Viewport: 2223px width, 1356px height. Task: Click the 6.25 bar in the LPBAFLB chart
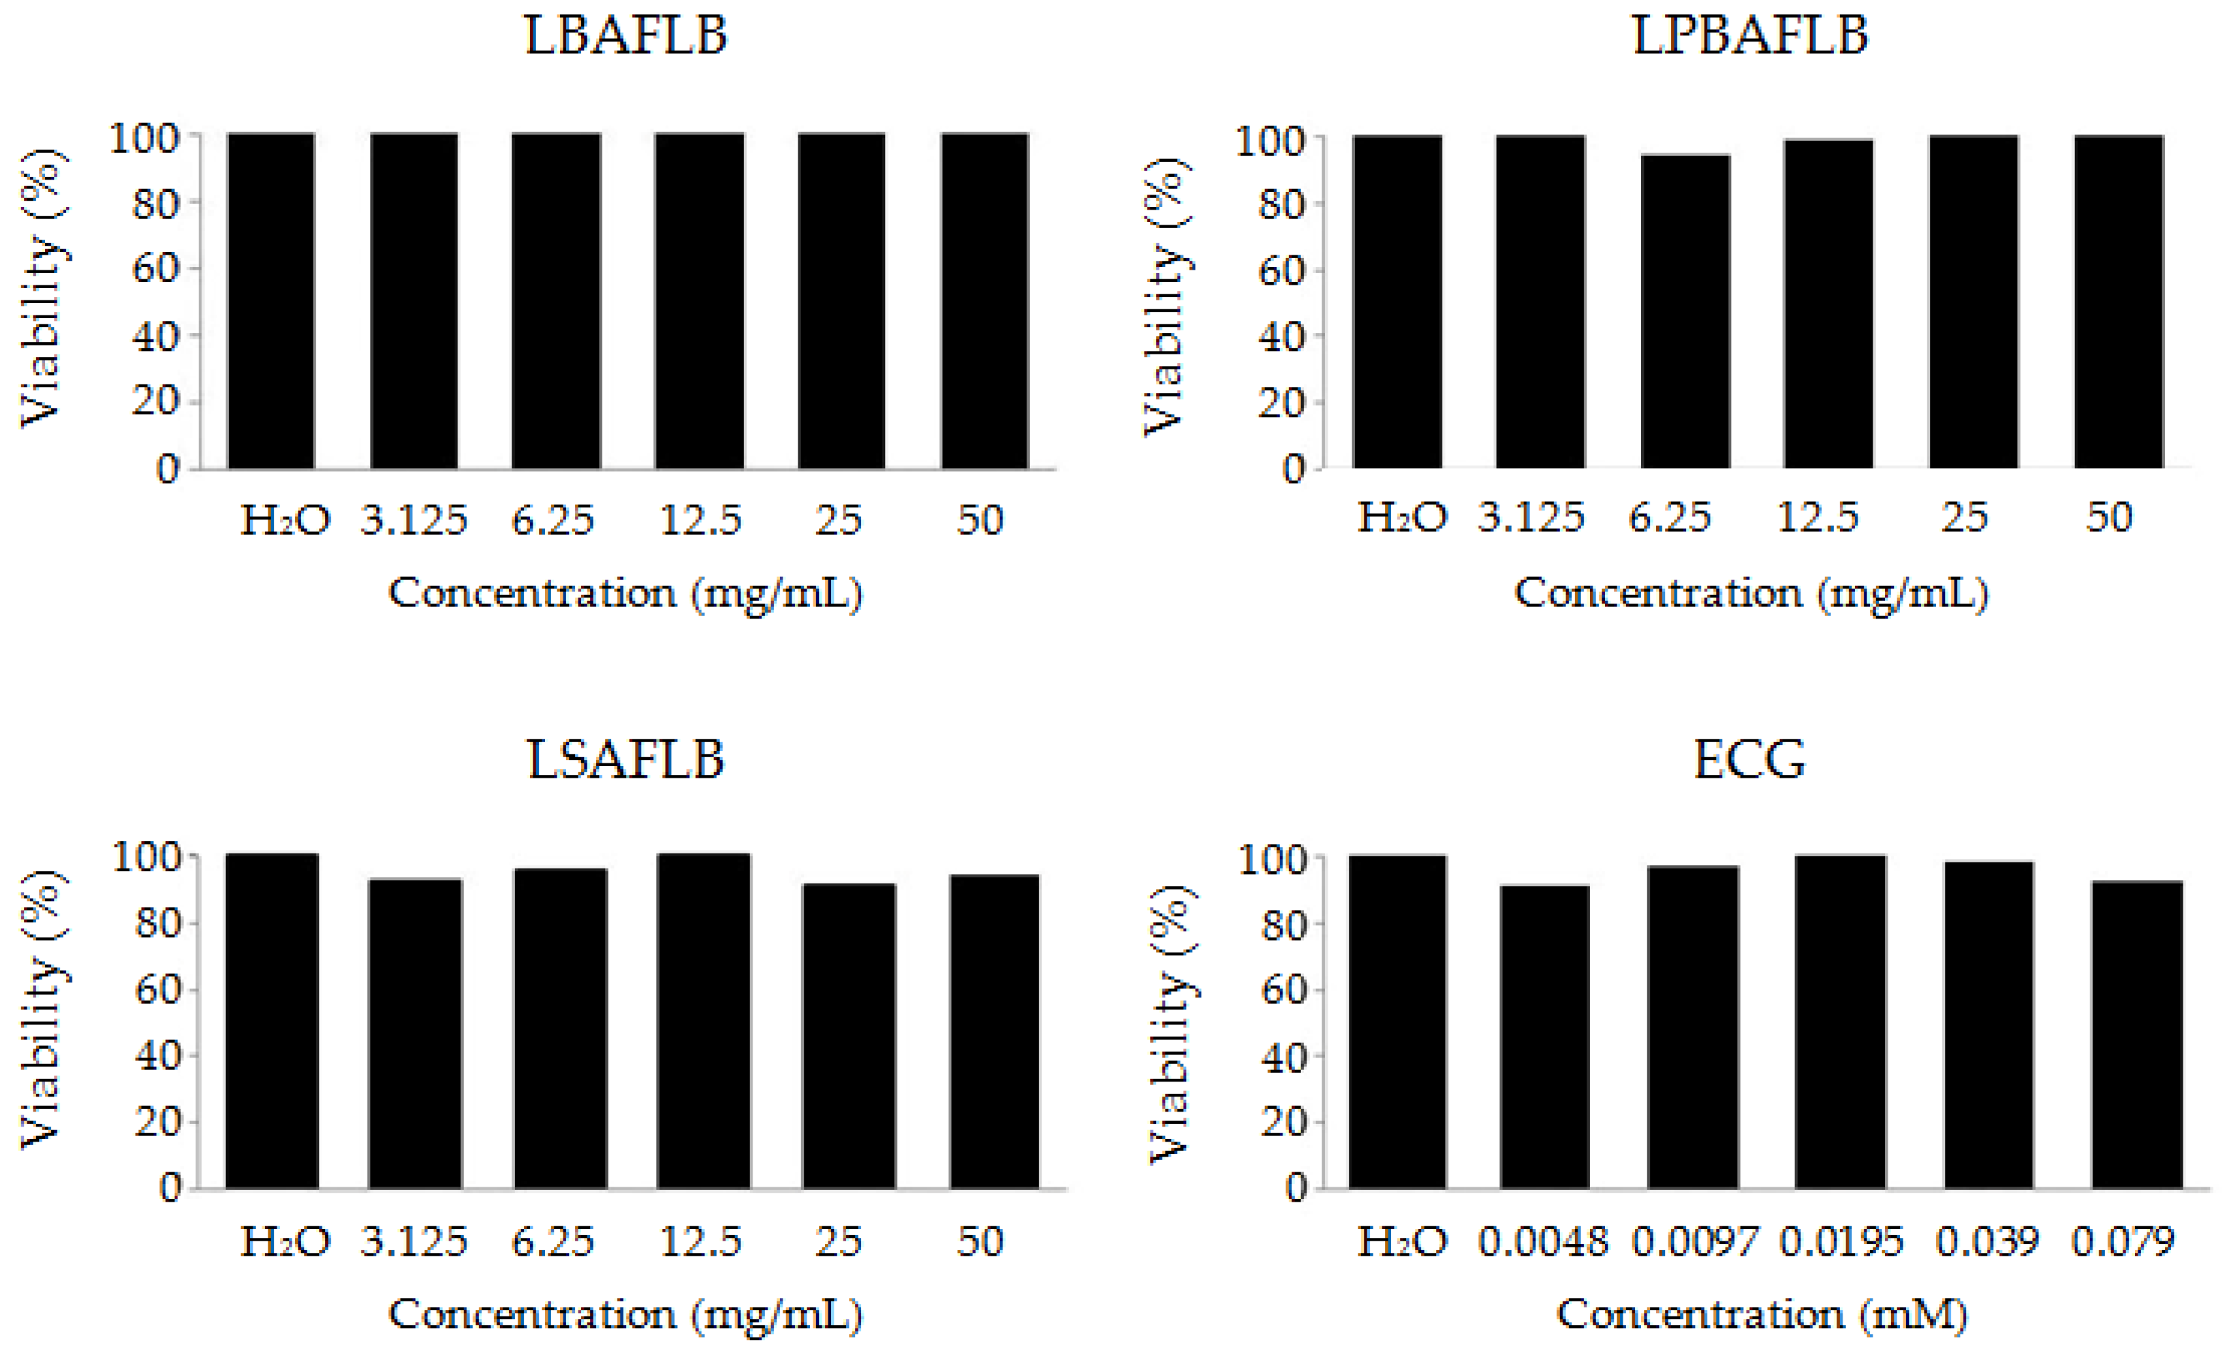[x=1684, y=311]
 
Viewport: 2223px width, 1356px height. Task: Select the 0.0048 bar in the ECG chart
[x=1545, y=1038]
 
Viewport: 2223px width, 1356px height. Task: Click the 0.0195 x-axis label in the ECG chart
[x=1841, y=1243]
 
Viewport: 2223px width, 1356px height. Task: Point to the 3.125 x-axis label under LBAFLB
[x=414, y=520]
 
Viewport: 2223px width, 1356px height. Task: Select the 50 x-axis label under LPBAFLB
[x=2108, y=518]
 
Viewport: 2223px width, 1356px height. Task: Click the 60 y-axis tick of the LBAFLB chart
[x=154, y=269]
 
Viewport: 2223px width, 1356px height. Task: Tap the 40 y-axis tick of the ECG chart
[x=1282, y=1056]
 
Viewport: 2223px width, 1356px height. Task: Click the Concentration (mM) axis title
[x=1761, y=1314]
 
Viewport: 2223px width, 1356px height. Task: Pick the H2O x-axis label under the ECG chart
[x=1402, y=1243]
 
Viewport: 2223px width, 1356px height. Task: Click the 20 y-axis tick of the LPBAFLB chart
[x=1281, y=404]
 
